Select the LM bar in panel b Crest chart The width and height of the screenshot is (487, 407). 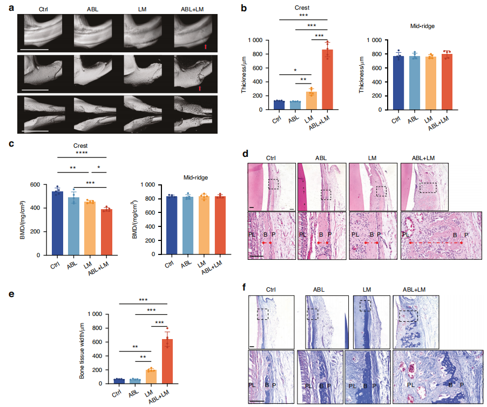coord(312,101)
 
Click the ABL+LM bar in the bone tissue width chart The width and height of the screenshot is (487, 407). coord(167,361)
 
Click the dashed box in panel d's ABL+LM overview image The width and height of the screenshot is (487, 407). coord(428,187)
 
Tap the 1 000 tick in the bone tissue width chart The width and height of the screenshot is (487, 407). coord(97,314)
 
